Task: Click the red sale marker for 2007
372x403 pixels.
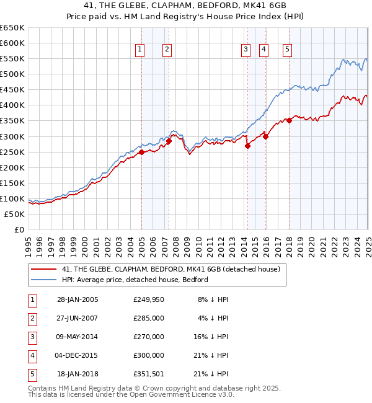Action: [x=169, y=141]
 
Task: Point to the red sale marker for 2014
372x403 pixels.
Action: [x=247, y=146]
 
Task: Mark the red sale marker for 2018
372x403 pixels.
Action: [x=289, y=120]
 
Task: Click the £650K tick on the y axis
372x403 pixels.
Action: [x=12, y=28]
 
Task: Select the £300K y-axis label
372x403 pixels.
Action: [x=12, y=136]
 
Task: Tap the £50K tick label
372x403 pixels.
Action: [x=15, y=214]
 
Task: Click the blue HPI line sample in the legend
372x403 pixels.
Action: [x=43, y=280]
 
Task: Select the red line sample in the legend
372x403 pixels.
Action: [x=43, y=269]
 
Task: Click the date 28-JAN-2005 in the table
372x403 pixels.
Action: [x=77, y=299]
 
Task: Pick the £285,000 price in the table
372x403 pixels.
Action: [x=149, y=318]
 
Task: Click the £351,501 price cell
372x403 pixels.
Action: [x=149, y=374]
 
